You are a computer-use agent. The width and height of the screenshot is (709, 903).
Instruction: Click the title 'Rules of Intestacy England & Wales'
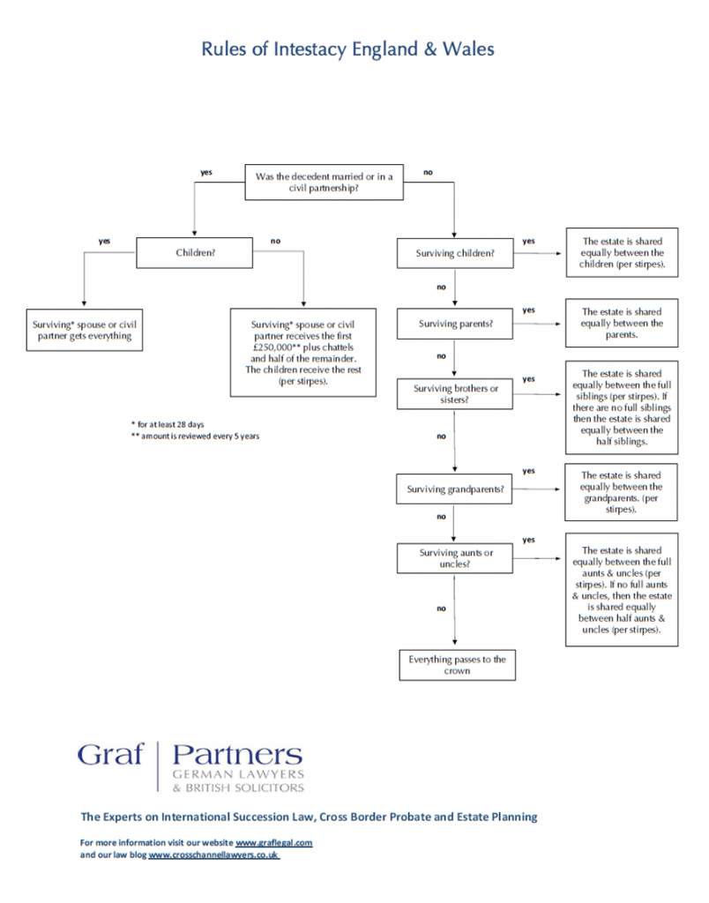(347, 49)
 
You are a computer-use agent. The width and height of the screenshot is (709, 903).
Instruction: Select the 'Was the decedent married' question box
(324, 182)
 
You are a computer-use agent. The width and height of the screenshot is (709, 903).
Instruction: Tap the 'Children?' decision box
(194, 253)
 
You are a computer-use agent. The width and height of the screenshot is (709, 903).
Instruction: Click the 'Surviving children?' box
(455, 253)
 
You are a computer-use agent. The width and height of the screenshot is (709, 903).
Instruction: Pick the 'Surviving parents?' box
(455, 324)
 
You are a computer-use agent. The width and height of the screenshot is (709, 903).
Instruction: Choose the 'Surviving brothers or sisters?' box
(455, 394)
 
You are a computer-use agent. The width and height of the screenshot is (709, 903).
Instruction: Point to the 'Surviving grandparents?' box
(454, 489)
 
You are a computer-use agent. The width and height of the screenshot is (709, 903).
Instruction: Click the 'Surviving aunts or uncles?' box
(455, 558)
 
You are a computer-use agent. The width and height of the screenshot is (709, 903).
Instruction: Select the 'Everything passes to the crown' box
(458, 665)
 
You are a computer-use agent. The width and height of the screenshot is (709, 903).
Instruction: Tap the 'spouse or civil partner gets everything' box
(84, 330)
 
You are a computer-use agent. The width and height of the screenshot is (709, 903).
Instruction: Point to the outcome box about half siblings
(622, 407)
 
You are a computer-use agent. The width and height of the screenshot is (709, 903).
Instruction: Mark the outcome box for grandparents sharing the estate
(621, 492)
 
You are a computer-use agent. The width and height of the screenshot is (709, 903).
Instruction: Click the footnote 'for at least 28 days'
(168, 424)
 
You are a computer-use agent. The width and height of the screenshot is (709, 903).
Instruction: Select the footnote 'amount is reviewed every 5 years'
(195, 437)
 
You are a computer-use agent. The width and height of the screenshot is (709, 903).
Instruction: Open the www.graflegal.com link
(274, 842)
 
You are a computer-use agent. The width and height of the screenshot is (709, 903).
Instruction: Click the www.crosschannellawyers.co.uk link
(213, 854)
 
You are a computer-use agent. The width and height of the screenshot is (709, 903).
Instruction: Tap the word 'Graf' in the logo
(110, 755)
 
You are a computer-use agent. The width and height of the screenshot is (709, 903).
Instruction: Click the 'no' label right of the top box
(428, 172)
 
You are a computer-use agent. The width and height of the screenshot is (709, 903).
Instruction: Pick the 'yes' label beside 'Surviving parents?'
(529, 310)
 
